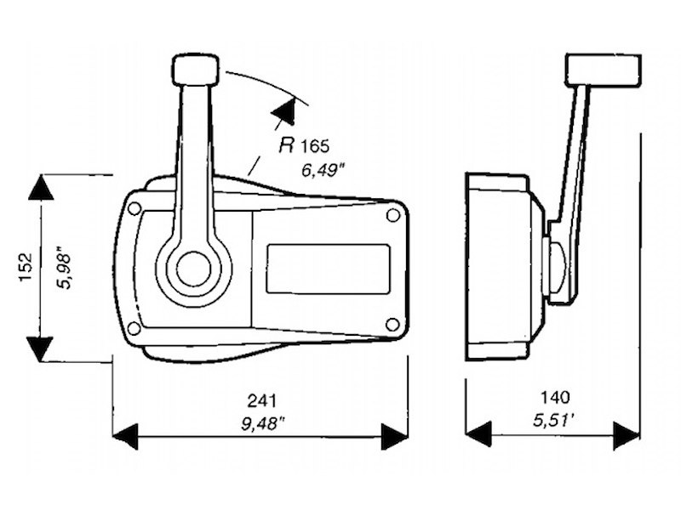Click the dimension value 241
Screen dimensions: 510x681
pyautogui.click(x=261, y=399)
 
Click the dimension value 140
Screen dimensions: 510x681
pyautogui.click(x=554, y=397)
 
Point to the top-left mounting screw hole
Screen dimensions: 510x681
pyautogui.click(x=134, y=207)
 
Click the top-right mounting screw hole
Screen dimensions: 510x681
pyautogui.click(x=392, y=215)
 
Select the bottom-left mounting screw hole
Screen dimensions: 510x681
pyautogui.click(x=134, y=328)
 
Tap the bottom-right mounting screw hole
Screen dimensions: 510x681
pyautogui.click(x=392, y=324)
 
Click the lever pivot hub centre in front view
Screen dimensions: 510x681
pyautogui.click(x=194, y=269)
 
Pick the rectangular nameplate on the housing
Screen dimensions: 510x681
pyautogui.click(x=328, y=269)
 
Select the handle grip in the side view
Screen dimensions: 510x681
pyautogui.click(x=603, y=68)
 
